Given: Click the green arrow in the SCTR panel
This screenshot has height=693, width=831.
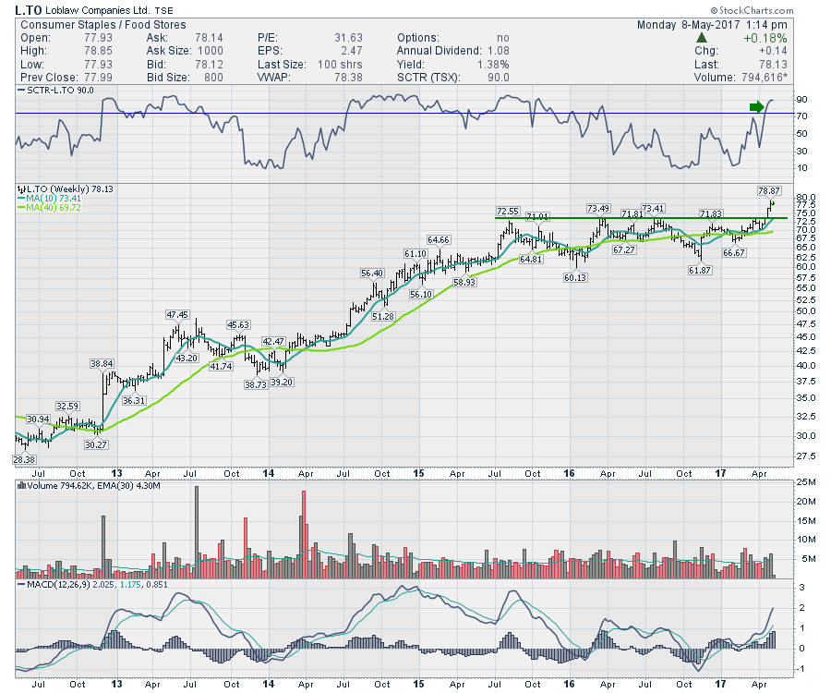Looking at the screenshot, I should click(757, 108).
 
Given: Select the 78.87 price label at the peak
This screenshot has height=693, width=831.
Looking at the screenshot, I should click(768, 189).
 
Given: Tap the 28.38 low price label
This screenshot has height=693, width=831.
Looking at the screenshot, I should click(23, 459).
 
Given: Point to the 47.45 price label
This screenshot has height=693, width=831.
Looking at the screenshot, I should click(177, 315).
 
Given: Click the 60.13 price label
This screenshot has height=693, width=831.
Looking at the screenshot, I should click(576, 277).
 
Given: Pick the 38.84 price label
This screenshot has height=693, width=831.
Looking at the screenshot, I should click(102, 363).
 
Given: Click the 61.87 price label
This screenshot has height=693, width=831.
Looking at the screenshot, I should click(699, 270).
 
